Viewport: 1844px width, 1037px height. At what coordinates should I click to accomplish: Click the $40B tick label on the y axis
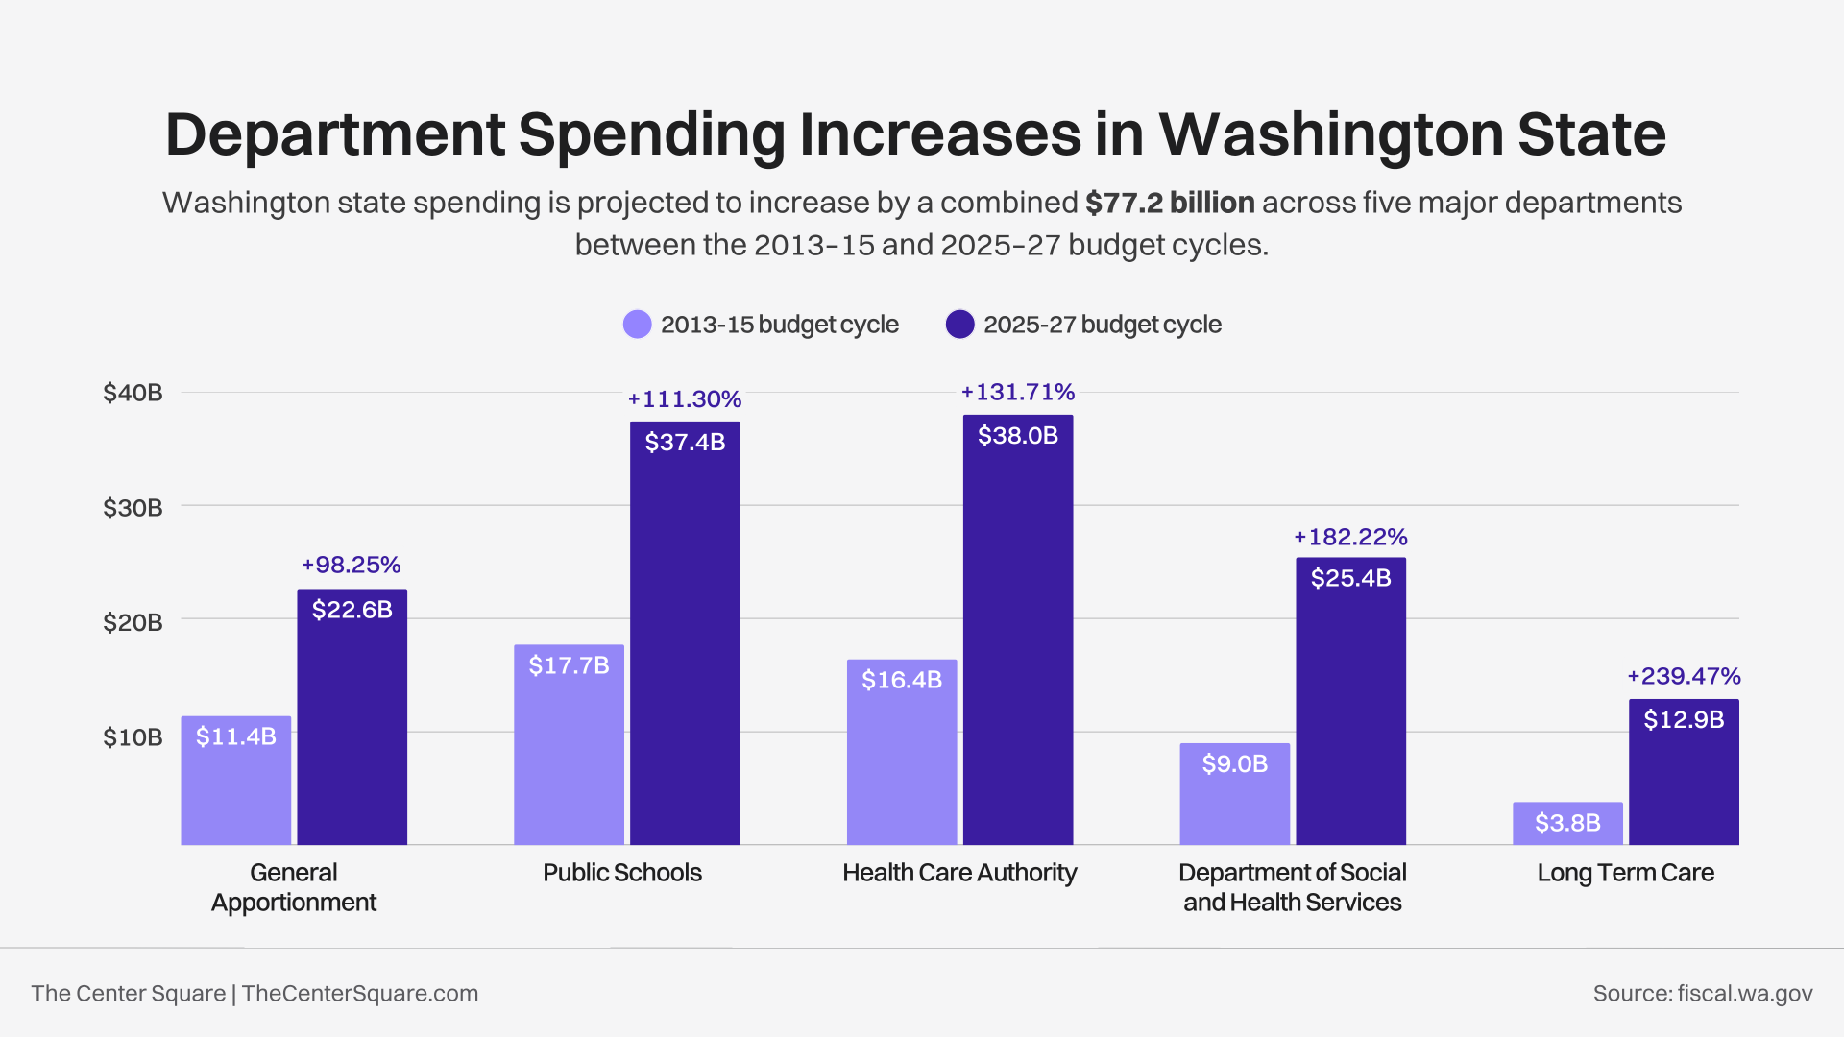[133, 393]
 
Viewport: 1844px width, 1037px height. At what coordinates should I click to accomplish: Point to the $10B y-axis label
[133, 737]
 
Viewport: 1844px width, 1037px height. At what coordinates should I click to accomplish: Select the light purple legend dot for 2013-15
[637, 325]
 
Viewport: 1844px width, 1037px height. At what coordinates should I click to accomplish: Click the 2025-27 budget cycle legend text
[1102, 325]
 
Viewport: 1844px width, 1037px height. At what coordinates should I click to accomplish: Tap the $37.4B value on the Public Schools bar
[685, 442]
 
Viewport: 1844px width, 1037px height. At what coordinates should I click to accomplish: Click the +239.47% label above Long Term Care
[1684, 676]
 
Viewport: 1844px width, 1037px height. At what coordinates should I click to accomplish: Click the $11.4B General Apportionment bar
[236, 783]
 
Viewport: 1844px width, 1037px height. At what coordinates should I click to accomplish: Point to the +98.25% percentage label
[352, 565]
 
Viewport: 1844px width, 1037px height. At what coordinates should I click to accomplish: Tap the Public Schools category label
[622, 873]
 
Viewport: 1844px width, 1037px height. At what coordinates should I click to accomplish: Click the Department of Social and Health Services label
[1292, 887]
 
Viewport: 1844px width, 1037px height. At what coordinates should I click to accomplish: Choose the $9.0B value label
[1235, 763]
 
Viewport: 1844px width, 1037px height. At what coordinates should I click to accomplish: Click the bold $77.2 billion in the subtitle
[1170, 203]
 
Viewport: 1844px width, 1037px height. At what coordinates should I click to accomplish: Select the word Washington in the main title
[1330, 134]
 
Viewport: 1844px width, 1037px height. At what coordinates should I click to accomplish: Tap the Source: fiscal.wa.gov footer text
[1702, 993]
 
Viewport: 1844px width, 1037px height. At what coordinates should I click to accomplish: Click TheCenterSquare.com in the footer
[360, 993]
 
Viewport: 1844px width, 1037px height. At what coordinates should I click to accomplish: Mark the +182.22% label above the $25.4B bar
[1350, 537]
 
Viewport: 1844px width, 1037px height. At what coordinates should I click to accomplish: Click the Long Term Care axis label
[1625, 873]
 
